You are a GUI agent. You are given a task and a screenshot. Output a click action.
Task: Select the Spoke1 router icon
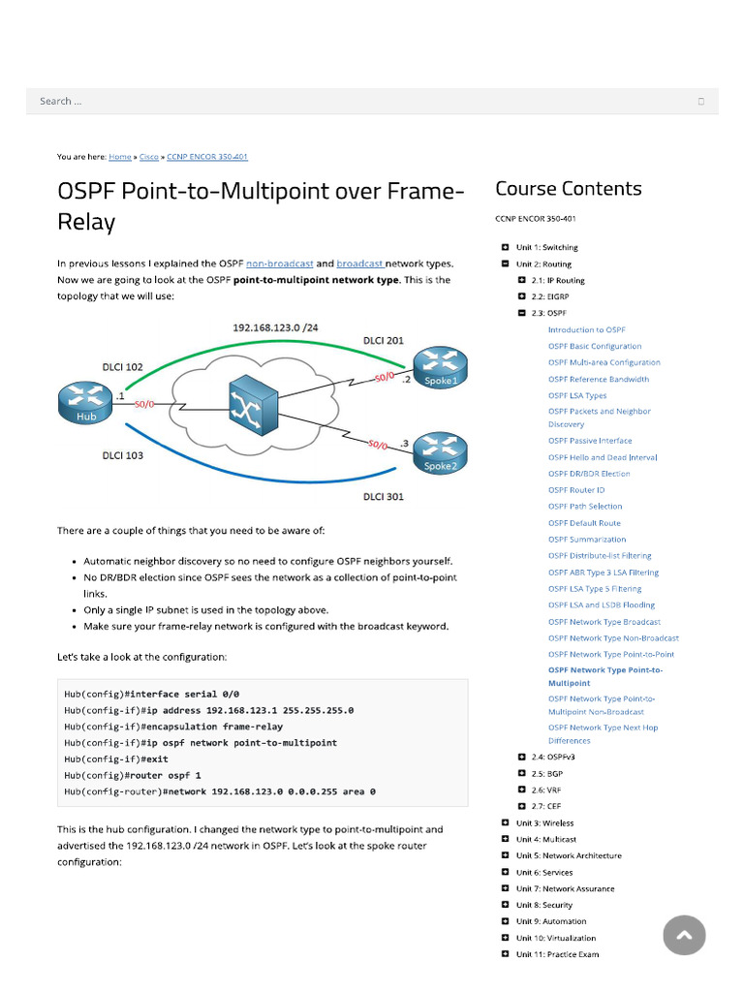pos(440,367)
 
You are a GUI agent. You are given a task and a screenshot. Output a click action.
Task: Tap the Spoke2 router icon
pos(440,451)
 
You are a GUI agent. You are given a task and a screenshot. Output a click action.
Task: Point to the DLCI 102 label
pos(123,367)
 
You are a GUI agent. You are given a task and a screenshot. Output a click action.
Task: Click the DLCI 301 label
pos(384,497)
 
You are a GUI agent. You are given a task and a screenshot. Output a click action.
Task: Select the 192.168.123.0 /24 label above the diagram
pos(274,327)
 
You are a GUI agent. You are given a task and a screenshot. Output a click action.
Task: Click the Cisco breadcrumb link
pos(149,156)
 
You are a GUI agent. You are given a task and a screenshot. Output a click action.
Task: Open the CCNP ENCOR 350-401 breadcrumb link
pos(207,156)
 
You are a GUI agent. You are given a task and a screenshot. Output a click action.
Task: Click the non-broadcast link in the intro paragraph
pos(279,263)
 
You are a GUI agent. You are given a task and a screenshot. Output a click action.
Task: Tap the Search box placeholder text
pos(60,101)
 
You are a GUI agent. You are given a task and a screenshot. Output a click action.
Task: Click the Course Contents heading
pos(568,189)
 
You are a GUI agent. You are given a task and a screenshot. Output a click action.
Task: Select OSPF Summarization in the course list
pos(586,540)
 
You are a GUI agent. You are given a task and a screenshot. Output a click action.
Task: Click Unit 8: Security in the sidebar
pos(543,905)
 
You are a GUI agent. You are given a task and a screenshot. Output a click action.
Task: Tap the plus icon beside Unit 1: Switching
pos(505,247)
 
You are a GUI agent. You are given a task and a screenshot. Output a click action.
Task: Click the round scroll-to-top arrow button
pos(684,935)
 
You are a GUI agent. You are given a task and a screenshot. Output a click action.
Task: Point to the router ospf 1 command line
pos(133,775)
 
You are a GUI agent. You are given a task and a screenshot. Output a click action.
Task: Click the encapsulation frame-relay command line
pos(174,726)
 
